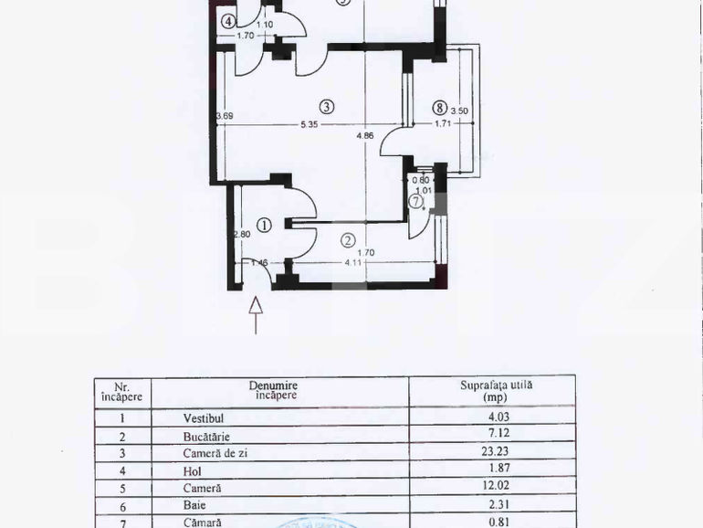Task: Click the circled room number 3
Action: click(x=327, y=106)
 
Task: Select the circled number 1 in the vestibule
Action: click(x=263, y=225)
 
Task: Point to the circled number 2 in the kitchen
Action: click(x=348, y=241)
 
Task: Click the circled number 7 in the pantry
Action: click(x=416, y=202)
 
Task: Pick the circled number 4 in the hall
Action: click(x=227, y=21)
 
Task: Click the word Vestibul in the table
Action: click(x=203, y=417)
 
